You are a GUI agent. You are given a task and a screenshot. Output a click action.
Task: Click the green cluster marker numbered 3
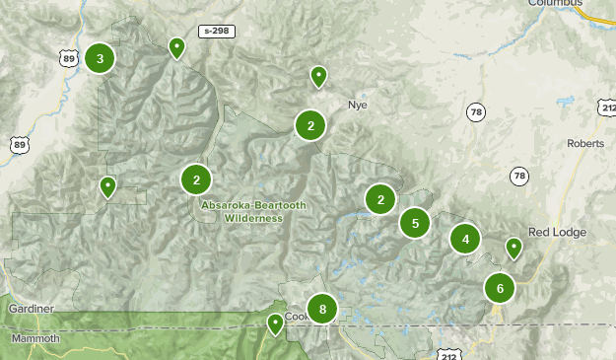coord(100,58)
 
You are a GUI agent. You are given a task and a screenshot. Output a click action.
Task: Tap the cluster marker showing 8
coord(322,310)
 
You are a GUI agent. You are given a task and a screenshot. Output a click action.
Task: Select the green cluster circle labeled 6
coord(501,289)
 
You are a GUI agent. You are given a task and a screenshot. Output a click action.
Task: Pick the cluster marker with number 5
coord(415,223)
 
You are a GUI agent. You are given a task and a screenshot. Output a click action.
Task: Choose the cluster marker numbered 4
coord(465,239)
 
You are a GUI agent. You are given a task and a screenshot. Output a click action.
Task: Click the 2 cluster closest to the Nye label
coord(310,125)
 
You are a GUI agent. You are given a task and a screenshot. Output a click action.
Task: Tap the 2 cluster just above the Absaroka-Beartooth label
coord(197,180)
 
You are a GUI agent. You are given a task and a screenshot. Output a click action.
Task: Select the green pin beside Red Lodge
coord(513,248)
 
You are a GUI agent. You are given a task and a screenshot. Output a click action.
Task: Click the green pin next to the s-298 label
coord(176,46)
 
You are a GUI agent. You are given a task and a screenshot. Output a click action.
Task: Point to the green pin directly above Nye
coord(318,75)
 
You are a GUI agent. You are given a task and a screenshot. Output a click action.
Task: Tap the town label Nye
coord(357,104)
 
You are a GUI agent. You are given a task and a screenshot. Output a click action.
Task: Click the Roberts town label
coord(585,143)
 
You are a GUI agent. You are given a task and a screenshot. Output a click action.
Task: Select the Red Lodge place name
coord(557,233)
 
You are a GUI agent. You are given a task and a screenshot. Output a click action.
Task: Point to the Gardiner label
coord(30,309)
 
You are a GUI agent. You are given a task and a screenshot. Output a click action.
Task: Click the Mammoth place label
coord(35,338)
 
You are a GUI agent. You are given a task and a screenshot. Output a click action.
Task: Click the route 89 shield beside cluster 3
coord(68,59)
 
